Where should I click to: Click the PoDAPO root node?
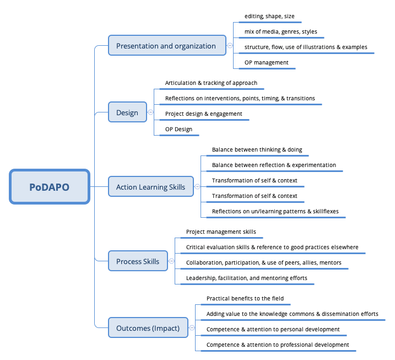tap(50, 187)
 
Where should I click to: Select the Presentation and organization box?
tap(166, 46)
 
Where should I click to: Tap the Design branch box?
tap(127, 112)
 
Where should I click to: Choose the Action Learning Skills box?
tap(150, 187)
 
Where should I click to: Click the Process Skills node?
tap(138, 261)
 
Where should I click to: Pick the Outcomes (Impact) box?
tap(148, 328)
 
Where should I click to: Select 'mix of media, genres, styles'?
tap(281, 32)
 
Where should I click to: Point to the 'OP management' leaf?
tap(267, 62)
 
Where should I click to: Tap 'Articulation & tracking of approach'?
tap(211, 83)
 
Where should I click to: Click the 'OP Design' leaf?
tap(179, 130)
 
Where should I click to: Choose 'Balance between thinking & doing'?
tap(257, 150)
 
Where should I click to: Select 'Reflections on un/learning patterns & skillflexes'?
tap(275, 212)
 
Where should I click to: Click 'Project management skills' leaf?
tap(221, 232)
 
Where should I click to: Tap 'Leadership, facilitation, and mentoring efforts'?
tap(247, 278)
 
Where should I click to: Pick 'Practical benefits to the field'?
tap(245, 298)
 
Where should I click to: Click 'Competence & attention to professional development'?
tap(278, 345)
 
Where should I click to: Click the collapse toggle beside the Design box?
tap(150, 112)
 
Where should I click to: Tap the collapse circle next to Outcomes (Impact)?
tap(191, 328)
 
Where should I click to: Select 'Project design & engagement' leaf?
tap(203, 114)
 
